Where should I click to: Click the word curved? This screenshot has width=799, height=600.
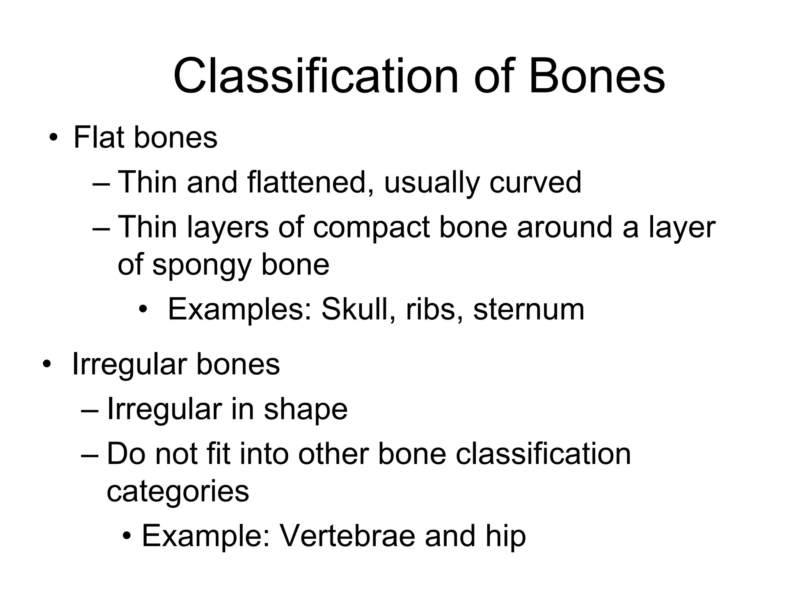[535, 182]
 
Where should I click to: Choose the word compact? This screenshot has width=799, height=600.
[371, 227]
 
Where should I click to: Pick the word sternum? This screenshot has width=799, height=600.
[529, 309]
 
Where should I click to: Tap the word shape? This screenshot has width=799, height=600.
[305, 409]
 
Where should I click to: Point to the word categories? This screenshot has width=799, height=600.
[178, 491]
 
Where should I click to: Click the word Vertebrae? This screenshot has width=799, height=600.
[348, 536]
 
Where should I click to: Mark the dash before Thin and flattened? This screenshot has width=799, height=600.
[102, 184]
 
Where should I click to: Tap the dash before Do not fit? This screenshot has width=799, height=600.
[91, 455]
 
